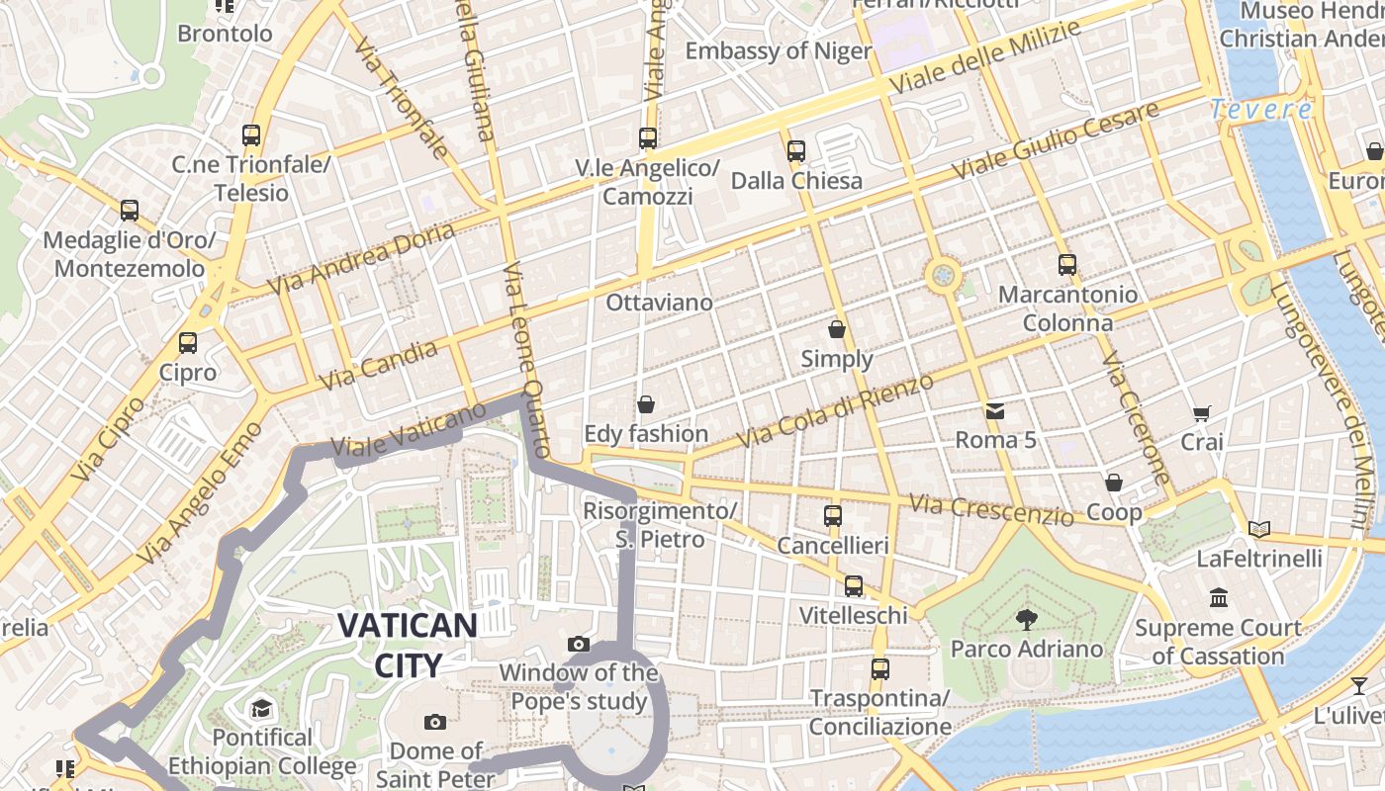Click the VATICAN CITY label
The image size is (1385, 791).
[x=408, y=644]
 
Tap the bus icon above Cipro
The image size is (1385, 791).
[x=188, y=342]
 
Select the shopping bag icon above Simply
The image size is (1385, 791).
[x=837, y=329]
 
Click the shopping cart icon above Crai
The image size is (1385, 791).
[x=1202, y=413]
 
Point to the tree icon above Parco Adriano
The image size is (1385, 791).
[x=1026, y=620]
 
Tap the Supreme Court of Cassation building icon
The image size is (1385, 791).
[x=1219, y=598]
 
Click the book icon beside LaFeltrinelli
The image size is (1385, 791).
[x=1259, y=530]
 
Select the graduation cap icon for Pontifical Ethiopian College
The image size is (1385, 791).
[x=261, y=708]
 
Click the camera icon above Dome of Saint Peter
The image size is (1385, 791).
[x=434, y=722]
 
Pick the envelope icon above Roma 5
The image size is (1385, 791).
[x=995, y=410]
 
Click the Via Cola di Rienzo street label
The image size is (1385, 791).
[x=836, y=410]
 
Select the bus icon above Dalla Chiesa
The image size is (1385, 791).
[x=796, y=151]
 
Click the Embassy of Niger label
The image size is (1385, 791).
[x=778, y=51]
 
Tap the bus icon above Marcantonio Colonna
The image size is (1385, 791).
[x=1066, y=264]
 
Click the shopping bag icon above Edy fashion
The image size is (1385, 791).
[x=646, y=404]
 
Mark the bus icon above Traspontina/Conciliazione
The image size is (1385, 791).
[x=879, y=668]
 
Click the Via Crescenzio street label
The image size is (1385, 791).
[x=991, y=510]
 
